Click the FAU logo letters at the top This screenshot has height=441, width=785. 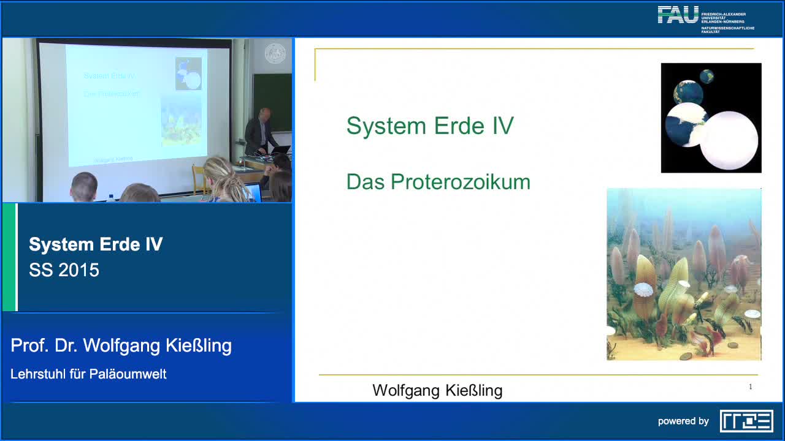click(678, 15)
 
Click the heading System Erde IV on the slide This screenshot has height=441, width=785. click(430, 126)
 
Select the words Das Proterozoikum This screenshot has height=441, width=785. click(438, 182)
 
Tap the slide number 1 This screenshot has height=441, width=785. click(750, 386)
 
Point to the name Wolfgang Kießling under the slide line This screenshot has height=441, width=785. click(437, 390)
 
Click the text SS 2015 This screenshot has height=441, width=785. click(64, 270)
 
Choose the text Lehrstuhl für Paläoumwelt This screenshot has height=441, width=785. click(88, 374)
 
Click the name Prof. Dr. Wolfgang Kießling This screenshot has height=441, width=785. click(121, 345)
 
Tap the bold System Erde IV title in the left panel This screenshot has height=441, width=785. click(96, 244)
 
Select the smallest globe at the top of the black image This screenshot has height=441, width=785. click(707, 77)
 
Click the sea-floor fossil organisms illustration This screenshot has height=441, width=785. click(684, 274)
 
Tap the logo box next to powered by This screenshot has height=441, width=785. click(746, 421)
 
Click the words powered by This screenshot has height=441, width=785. click(683, 421)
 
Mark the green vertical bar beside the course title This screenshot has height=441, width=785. click(9, 257)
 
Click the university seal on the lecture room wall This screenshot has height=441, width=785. click(275, 53)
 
